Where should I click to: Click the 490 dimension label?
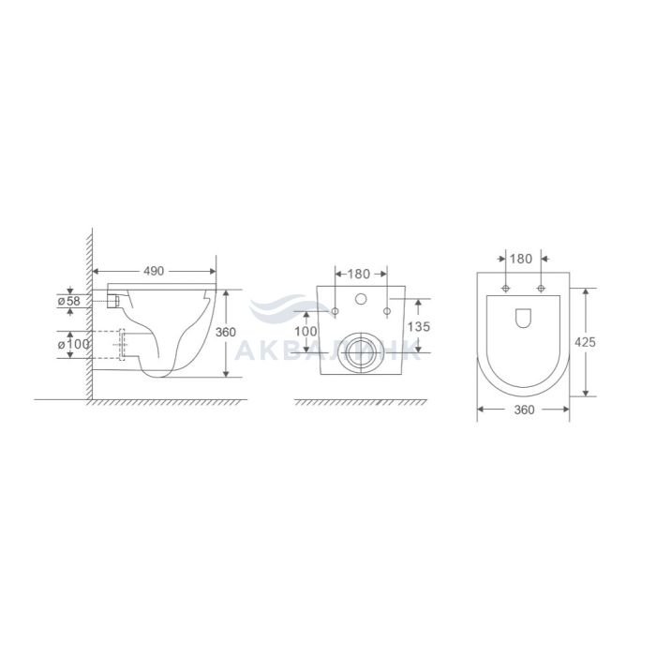pyautogui.click(x=154, y=271)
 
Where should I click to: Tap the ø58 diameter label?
pyautogui.click(x=68, y=301)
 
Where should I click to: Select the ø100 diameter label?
pyautogui.click(x=74, y=344)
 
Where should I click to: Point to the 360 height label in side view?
pyautogui.click(x=226, y=332)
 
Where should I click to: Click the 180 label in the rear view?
pyautogui.click(x=359, y=274)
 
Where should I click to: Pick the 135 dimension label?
pyautogui.click(x=419, y=326)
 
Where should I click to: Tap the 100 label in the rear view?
pyautogui.click(x=306, y=332)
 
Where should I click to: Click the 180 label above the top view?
pyautogui.click(x=521, y=259)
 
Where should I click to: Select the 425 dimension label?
pyautogui.click(x=585, y=342)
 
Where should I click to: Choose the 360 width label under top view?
pyautogui.click(x=524, y=410)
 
